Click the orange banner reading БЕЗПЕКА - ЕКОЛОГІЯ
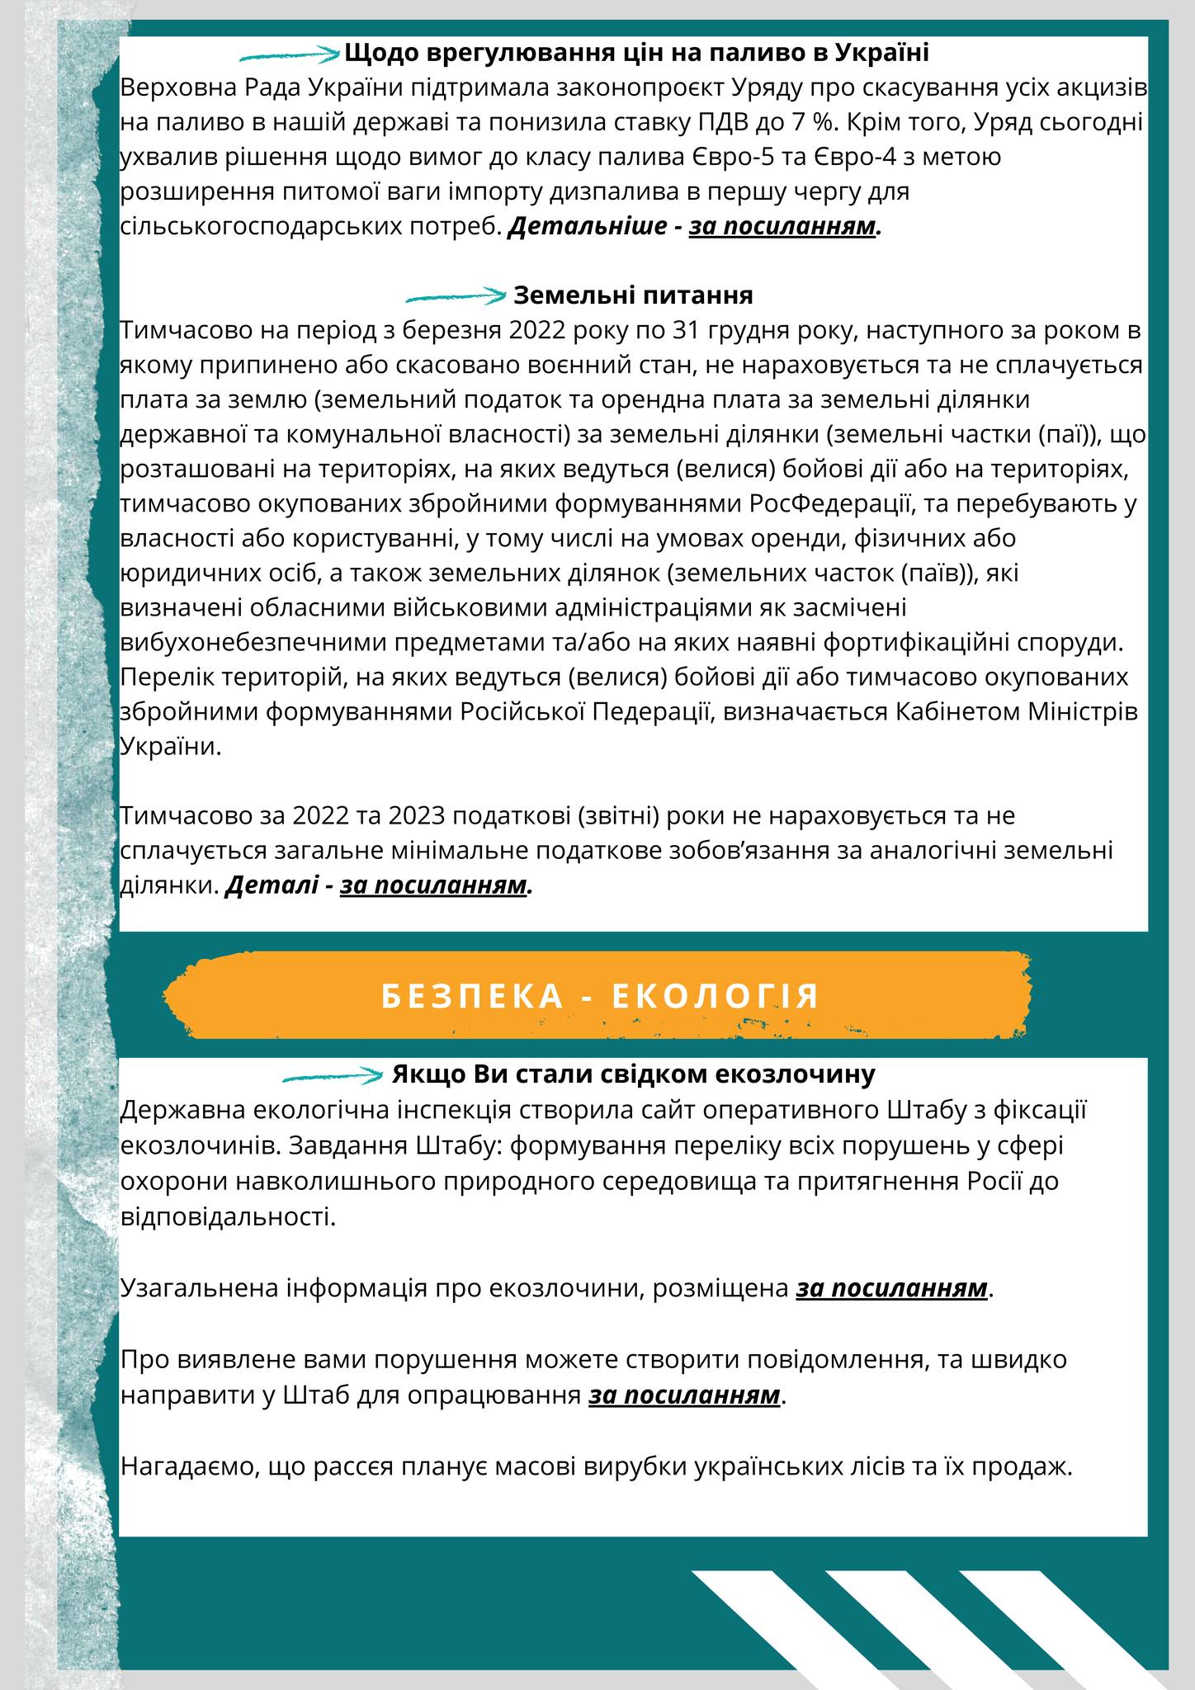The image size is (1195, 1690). click(600, 995)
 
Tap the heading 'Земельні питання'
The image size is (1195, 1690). click(633, 295)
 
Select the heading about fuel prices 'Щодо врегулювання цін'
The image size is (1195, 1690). click(636, 54)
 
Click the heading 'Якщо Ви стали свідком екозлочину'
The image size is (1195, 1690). click(633, 1075)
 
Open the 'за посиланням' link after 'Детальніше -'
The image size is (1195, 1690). click(782, 227)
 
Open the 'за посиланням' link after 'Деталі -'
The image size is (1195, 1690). click(433, 885)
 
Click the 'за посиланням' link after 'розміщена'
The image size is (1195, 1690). click(891, 1288)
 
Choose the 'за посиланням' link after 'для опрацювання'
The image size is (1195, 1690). click(684, 1395)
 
